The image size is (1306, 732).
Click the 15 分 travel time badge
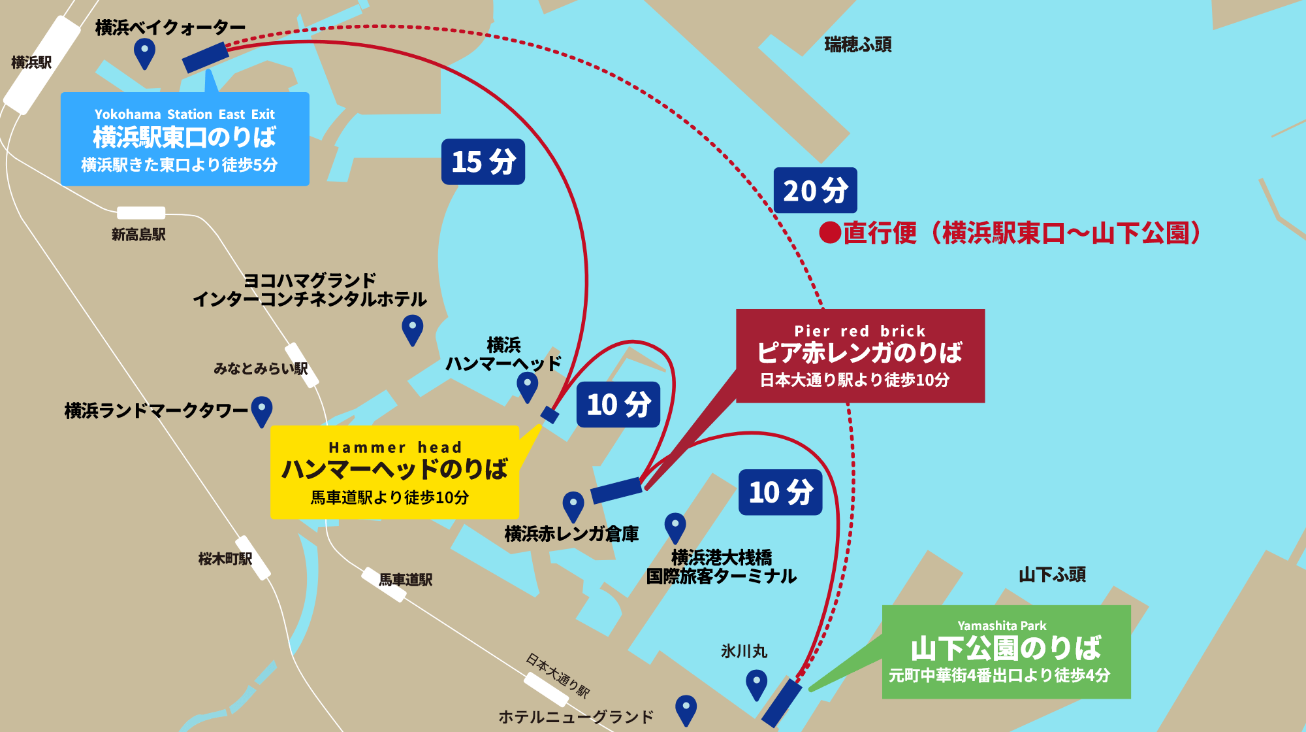(x=483, y=161)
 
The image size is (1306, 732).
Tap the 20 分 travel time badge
(x=815, y=190)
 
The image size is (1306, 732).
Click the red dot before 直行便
(x=830, y=233)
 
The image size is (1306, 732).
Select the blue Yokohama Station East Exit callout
(x=185, y=139)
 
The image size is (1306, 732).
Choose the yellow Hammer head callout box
(x=394, y=472)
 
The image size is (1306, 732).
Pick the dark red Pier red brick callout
(x=860, y=356)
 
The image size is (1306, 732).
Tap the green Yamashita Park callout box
(x=1006, y=652)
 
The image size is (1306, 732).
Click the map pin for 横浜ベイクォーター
(x=144, y=52)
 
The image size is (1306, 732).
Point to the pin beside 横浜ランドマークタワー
(x=262, y=410)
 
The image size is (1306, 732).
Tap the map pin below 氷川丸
(x=756, y=684)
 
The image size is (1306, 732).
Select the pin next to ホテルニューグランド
(x=686, y=709)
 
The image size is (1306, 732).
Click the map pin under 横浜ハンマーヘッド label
(x=527, y=386)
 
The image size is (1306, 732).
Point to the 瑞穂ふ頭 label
(x=857, y=44)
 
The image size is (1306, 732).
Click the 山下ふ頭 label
(x=1052, y=574)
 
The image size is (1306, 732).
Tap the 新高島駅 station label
(x=138, y=234)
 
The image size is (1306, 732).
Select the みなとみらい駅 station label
(x=261, y=369)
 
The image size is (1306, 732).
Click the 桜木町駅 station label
(x=225, y=559)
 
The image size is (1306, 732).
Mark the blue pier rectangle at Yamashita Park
(x=782, y=702)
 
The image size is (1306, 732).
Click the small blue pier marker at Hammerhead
(x=550, y=414)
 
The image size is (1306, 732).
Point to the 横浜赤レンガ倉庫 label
(x=571, y=534)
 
